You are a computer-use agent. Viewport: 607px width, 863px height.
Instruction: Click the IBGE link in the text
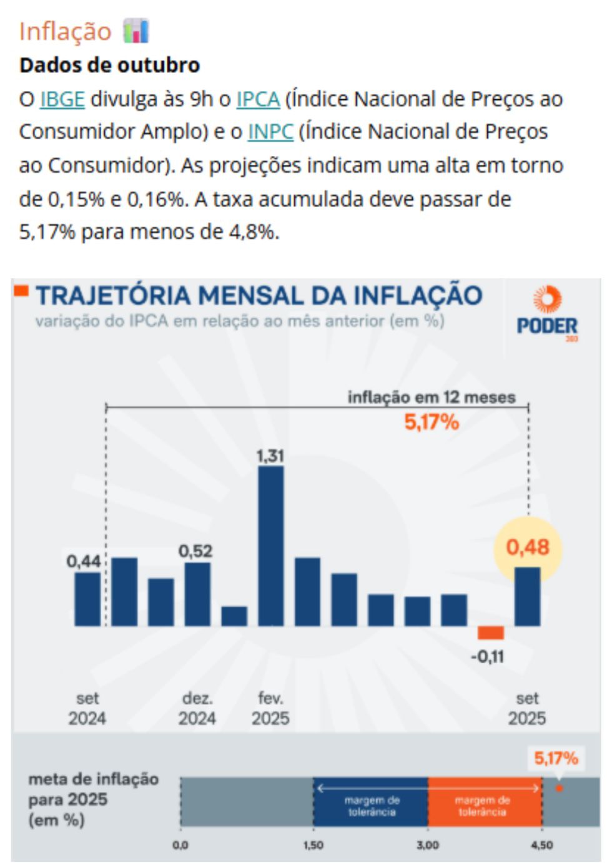click(x=62, y=99)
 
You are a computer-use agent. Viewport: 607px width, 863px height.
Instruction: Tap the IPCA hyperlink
click(x=257, y=99)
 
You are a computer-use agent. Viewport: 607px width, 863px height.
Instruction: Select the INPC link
click(x=270, y=132)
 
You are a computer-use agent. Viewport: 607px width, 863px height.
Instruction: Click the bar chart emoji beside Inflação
click(x=136, y=31)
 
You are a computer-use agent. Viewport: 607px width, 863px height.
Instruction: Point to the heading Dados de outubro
click(x=110, y=65)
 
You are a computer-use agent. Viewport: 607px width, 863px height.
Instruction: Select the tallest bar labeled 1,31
click(x=270, y=546)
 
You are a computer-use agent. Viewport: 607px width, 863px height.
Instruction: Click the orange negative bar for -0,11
click(x=490, y=633)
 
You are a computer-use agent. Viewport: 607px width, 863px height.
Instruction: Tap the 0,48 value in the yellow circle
click(x=528, y=547)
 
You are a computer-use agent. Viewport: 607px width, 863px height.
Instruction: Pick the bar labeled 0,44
click(x=87, y=599)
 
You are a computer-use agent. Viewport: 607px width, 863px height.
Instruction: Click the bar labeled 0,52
click(x=197, y=594)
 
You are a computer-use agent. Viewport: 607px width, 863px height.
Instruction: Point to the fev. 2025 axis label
click(x=270, y=708)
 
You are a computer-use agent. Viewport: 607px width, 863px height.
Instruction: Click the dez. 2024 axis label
click(x=197, y=708)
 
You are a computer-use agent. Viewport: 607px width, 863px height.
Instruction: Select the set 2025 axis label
click(x=527, y=708)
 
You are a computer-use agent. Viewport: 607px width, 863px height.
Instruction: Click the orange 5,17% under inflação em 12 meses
click(x=432, y=422)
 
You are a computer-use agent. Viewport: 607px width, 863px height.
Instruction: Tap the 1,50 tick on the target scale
click(x=313, y=845)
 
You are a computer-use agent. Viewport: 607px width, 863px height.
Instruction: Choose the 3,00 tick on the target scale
click(x=428, y=845)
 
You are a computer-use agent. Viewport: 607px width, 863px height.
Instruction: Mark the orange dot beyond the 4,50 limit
click(x=560, y=788)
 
